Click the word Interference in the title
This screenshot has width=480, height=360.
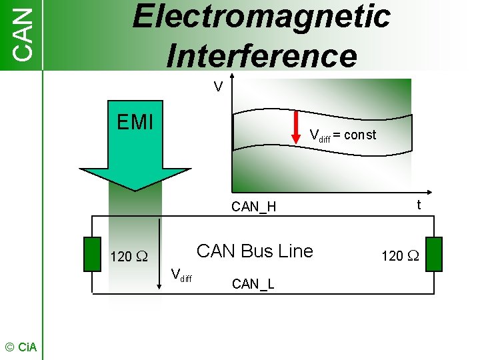(x=261, y=54)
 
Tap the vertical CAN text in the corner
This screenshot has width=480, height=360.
(x=22, y=34)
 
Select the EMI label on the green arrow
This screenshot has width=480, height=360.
(x=135, y=123)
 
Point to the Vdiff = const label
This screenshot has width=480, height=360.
(x=343, y=135)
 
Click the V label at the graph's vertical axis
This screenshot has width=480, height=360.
(x=217, y=87)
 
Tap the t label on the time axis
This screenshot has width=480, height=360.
(x=419, y=205)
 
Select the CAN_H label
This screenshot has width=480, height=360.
(x=253, y=207)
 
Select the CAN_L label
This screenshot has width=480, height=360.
(x=253, y=285)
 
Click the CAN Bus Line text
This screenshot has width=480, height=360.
(x=255, y=251)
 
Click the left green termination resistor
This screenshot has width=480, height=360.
(x=93, y=254)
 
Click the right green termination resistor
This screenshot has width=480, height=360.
(x=434, y=254)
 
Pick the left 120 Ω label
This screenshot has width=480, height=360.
(x=129, y=257)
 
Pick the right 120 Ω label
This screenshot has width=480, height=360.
(x=399, y=255)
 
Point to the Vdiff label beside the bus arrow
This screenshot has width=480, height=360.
(x=181, y=274)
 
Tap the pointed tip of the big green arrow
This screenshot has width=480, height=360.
(x=135, y=189)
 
